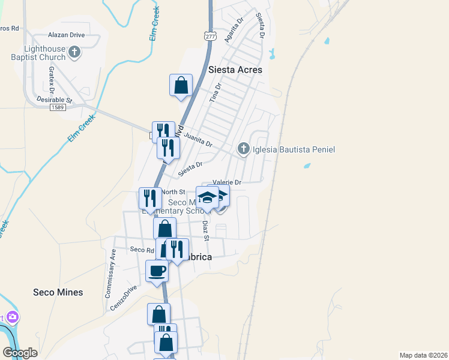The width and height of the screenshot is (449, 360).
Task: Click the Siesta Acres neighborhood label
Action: click(235, 70)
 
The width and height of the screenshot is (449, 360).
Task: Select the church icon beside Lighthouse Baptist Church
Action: click(74, 53)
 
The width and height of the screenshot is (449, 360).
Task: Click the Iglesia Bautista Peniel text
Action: click(294, 149)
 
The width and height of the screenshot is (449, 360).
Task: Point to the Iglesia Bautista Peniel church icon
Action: click(243, 148)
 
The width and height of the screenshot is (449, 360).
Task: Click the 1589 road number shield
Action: click(58, 107)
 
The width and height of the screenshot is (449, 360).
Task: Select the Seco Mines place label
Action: click(58, 292)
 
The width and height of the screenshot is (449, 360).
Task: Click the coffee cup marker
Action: click(157, 271)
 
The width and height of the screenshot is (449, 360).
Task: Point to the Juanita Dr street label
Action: click(197, 140)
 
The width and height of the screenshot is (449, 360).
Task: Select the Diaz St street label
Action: click(205, 230)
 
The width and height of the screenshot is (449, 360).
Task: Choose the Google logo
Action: click(20, 352)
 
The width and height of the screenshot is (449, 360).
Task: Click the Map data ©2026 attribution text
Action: click(423, 355)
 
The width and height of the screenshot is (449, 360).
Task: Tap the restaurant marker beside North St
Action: click(150, 198)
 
